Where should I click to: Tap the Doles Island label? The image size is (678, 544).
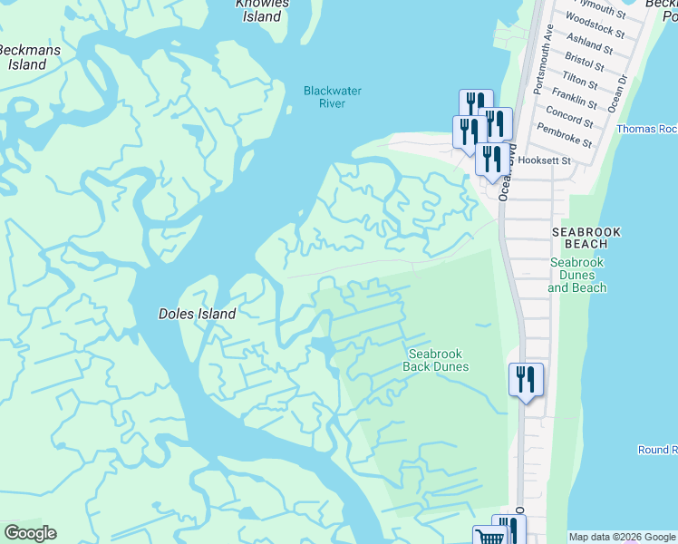198,314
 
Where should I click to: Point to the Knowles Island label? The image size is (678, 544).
262,10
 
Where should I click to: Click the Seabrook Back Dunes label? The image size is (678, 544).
438,360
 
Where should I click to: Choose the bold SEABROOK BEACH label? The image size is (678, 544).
586,238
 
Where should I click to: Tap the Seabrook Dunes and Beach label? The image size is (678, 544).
577,275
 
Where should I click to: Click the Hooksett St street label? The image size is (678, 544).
553,160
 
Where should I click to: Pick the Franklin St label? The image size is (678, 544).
574,97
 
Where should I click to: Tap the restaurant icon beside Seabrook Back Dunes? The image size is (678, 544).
526,378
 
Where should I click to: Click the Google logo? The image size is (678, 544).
30,533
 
